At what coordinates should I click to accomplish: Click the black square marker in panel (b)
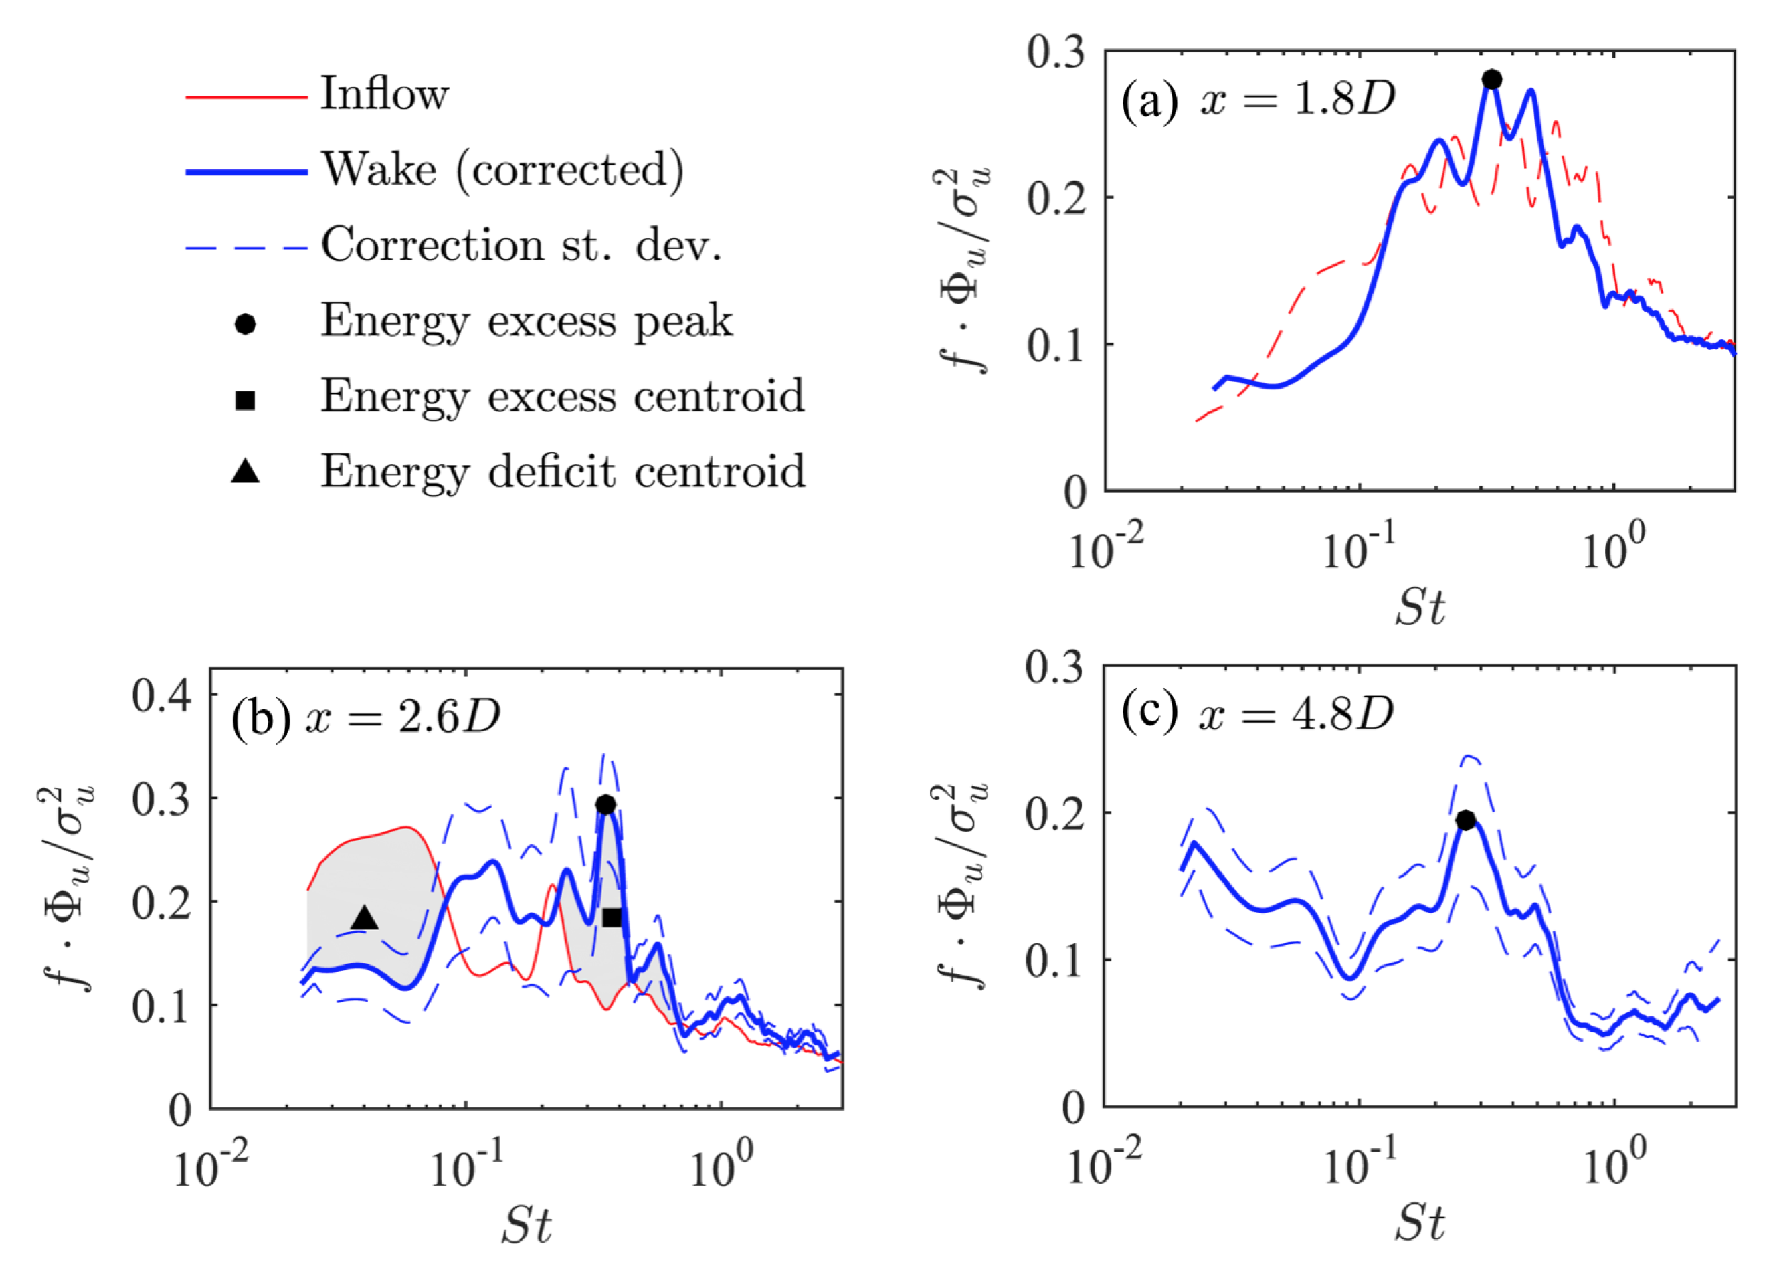(x=612, y=917)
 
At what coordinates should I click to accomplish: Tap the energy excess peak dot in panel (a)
(x=1492, y=80)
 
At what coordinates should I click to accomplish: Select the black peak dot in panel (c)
(x=1465, y=820)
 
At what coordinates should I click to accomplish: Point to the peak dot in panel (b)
(x=605, y=805)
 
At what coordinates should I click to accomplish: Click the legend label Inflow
(x=384, y=94)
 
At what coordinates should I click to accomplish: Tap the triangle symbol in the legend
(x=246, y=471)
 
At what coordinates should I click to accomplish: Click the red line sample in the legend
(x=246, y=97)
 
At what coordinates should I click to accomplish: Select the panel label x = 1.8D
(x=1297, y=100)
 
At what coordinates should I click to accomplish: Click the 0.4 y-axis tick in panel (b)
(x=161, y=695)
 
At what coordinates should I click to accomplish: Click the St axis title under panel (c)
(x=1419, y=1222)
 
